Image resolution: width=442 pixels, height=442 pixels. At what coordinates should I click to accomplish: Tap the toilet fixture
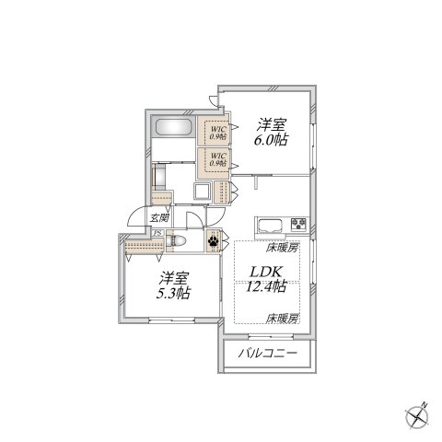tap(181, 240)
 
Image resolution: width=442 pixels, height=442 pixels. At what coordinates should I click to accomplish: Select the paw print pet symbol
tap(214, 242)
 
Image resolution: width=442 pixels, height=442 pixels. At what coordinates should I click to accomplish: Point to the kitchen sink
tap(271, 224)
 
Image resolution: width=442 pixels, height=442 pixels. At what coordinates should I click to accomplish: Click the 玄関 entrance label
tap(158, 218)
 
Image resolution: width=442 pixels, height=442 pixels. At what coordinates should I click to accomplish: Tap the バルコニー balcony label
tap(268, 353)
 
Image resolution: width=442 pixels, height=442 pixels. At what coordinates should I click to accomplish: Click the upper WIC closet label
tap(218, 132)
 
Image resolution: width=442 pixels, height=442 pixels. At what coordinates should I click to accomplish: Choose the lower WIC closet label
tap(218, 161)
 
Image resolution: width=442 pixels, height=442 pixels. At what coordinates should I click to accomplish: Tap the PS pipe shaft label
tap(157, 234)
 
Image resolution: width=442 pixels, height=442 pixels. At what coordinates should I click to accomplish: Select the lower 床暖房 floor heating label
tap(282, 318)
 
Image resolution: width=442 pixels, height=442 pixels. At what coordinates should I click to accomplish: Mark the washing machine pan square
tap(202, 192)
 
